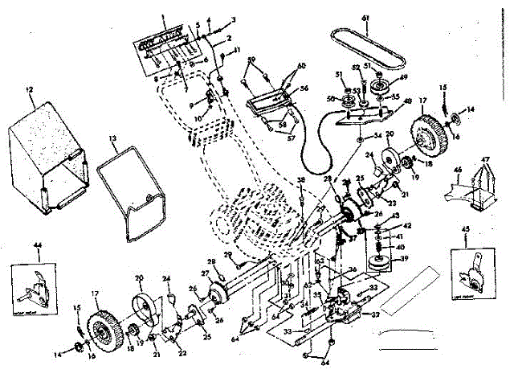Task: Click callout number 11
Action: [238, 51]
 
